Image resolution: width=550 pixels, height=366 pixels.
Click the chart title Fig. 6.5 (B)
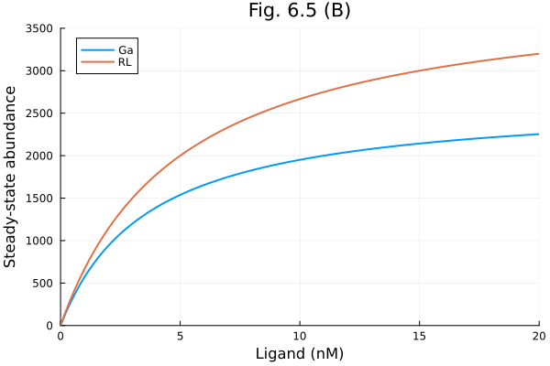click(x=299, y=11)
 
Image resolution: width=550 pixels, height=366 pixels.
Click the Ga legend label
click(x=126, y=49)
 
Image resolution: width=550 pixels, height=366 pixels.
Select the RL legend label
click(x=126, y=61)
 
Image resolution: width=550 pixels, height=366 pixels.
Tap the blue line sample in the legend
click(x=96, y=49)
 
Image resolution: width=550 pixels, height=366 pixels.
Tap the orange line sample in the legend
click(x=96, y=61)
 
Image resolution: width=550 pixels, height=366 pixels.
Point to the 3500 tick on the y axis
click(x=38, y=28)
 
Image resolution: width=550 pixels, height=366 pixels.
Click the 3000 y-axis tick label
click(x=38, y=70)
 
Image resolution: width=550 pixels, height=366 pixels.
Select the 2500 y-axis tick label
click(x=38, y=113)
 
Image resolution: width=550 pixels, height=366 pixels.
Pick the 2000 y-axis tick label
click(x=38, y=156)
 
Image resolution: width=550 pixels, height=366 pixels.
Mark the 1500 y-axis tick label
click(x=38, y=198)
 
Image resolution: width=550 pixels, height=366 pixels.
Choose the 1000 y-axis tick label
click(x=38, y=241)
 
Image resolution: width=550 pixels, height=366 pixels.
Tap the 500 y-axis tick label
click(x=42, y=283)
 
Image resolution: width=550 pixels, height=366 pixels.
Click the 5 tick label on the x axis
click(x=180, y=336)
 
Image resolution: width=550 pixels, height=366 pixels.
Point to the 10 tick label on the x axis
click(x=300, y=336)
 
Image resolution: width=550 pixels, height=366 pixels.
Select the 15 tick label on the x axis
click(x=419, y=336)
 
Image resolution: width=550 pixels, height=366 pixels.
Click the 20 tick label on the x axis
click(x=538, y=336)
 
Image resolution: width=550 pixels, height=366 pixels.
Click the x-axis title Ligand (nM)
click(x=299, y=353)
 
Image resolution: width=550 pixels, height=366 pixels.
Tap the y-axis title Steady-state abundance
click(x=11, y=177)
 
